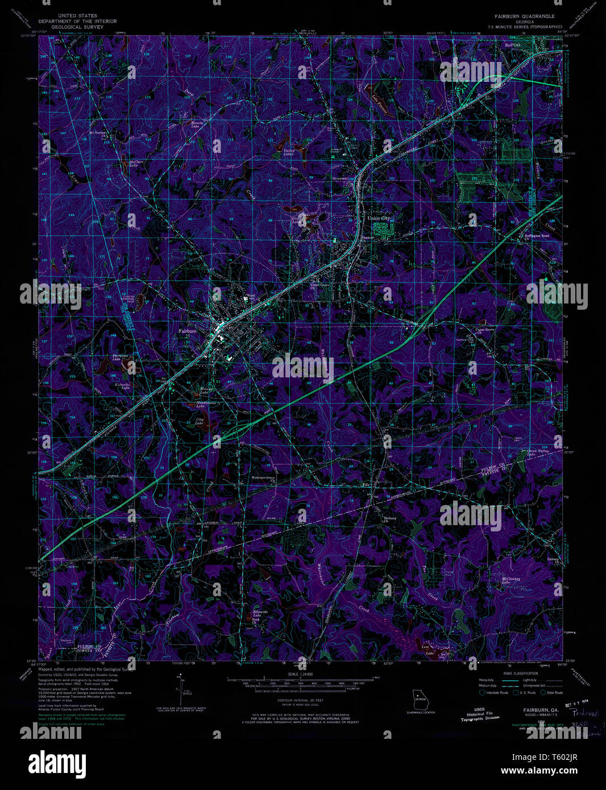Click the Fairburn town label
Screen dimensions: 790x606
(187, 331)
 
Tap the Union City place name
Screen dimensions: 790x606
(379, 218)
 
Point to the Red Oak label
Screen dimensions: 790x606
(513, 45)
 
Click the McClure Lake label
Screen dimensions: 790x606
(136, 164)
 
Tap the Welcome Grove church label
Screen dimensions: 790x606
(264, 478)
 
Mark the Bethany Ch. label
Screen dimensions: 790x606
(389, 519)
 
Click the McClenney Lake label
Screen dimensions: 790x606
(510, 580)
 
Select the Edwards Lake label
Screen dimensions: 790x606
(260, 614)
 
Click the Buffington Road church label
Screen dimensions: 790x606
(536, 236)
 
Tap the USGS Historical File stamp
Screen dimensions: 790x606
(480, 714)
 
